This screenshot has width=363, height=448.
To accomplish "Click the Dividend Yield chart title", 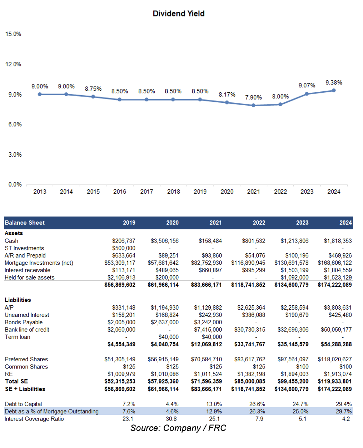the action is coord(178,14).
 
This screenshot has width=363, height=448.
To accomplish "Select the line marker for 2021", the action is coord(253,105).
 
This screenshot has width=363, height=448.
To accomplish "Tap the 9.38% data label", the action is coord(334,82).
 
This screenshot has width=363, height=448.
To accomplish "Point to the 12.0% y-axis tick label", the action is coord(13,64).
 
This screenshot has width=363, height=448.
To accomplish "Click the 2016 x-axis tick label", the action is coord(120,192).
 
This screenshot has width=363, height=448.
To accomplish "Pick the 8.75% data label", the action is coord(93,89).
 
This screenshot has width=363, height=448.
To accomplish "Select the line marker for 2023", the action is coord(307,94).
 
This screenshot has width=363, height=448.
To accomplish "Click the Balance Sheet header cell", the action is coord(25,223).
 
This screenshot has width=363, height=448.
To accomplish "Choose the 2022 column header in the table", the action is coord(259,223).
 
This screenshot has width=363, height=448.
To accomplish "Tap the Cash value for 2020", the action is coord(165,241).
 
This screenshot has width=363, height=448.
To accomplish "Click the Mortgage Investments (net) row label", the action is coord(39,263).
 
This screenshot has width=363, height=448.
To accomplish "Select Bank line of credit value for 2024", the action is coord(336,330).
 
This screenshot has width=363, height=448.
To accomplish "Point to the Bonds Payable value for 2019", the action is coord(121,322).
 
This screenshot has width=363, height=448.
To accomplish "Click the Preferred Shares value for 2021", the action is coord(207,359).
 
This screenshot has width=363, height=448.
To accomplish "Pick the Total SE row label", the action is coord(16,381).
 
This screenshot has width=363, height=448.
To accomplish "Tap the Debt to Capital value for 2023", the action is coord(300,404).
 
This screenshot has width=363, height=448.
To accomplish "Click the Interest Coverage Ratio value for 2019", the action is coord(128,419).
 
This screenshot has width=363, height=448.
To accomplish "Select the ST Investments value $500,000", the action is coord(124,248).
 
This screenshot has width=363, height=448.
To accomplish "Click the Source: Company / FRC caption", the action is coord(178,428).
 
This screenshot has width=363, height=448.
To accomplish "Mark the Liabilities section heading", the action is coord(18,300).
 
